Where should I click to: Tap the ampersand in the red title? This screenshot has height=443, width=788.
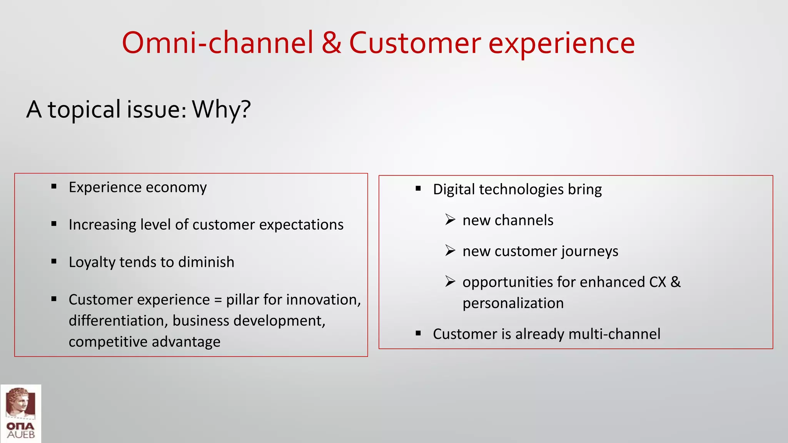click(331, 43)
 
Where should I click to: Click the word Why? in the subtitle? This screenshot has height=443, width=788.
click(221, 110)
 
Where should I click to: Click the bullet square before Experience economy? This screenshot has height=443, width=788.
click(54, 187)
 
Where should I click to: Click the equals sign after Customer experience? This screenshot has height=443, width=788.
click(218, 300)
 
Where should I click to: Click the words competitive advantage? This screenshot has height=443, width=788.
click(144, 342)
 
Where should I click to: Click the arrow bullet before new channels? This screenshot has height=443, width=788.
click(450, 220)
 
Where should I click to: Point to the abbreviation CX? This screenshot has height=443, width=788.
click(658, 282)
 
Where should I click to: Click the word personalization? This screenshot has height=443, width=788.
click(513, 303)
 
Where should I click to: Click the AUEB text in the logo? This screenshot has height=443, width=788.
click(21, 435)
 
